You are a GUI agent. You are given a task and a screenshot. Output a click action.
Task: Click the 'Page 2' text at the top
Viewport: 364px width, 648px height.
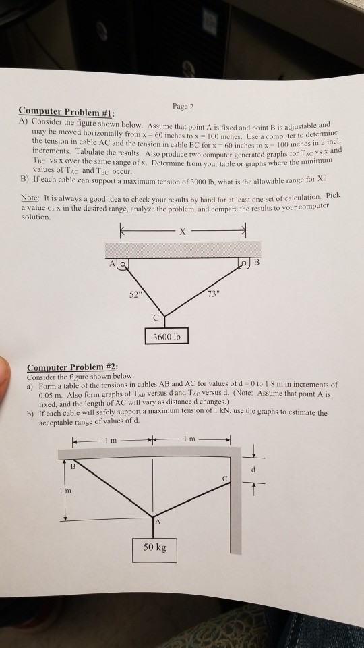point(183,107)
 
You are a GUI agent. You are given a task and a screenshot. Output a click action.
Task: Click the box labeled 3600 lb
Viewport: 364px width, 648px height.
point(166,335)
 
